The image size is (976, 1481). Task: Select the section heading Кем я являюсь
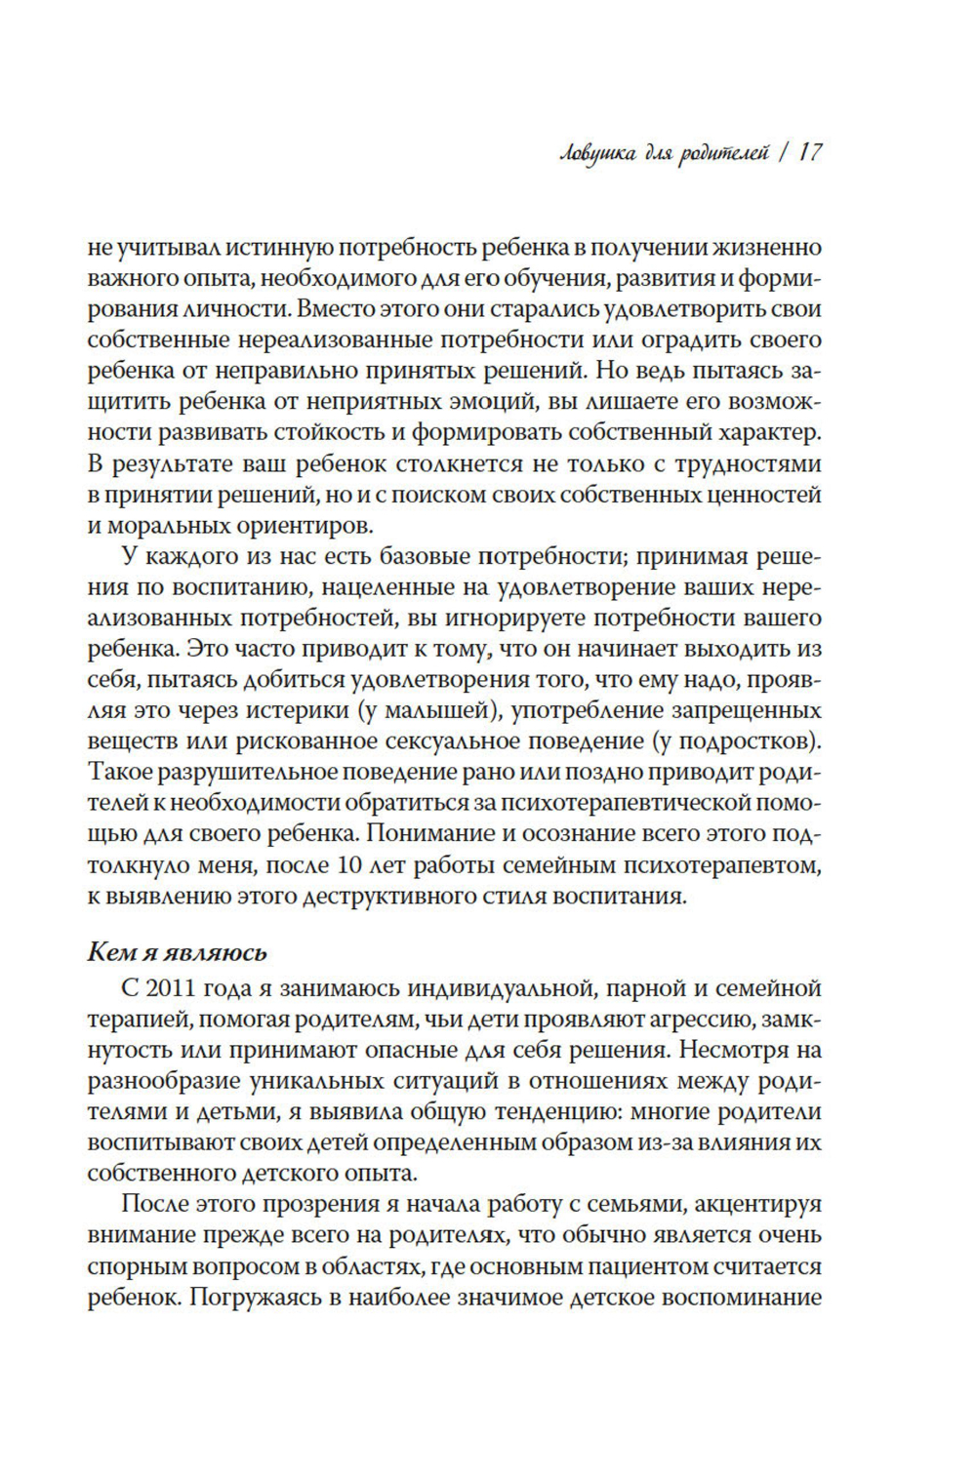click(x=177, y=952)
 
